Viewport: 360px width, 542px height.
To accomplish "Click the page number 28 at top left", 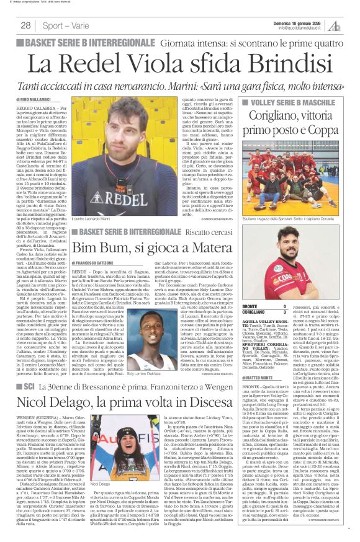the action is click(26, 25).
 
